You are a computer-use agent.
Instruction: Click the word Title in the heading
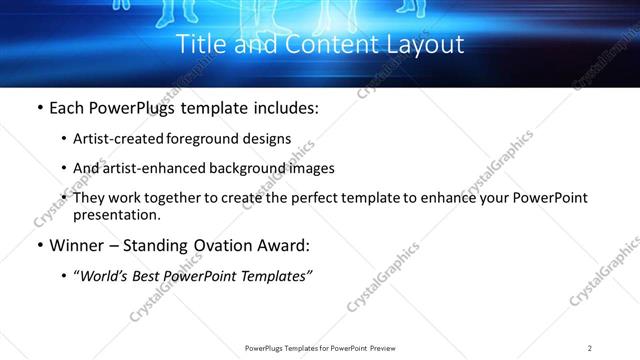[x=199, y=45]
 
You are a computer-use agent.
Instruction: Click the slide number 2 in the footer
[x=590, y=348]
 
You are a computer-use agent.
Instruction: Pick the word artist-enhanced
[x=167, y=168]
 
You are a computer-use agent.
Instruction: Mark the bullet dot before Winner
[x=39, y=245]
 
